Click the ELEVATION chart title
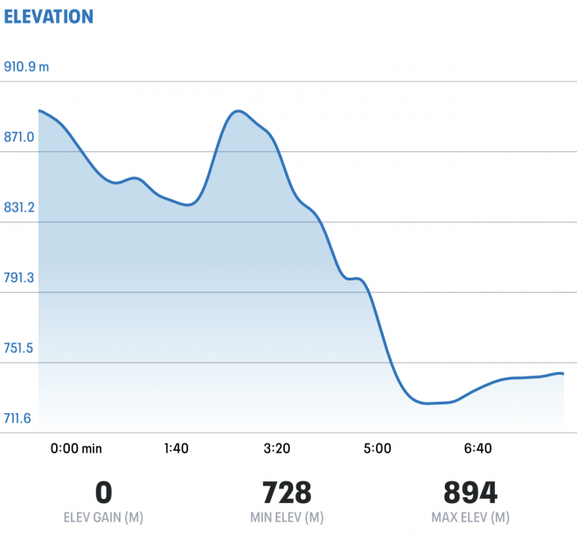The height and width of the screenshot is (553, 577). click(x=48, y=16)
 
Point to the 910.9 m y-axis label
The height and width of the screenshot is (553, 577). click(x=26, y=66)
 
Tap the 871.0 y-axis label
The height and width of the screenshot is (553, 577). click(x=19, y=137)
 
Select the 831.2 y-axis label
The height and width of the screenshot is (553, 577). click(x=19, y=207)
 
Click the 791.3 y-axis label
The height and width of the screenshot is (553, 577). click(x=19, y=278)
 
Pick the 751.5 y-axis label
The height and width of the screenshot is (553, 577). click(x=19, y=348)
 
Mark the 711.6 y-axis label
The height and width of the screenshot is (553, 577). click(x=19, y=418)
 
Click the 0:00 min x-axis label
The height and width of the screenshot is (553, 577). click(x=76, y=448)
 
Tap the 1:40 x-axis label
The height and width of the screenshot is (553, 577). click(x=176, y=448)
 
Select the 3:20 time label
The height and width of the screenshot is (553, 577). click(x=276, y=448)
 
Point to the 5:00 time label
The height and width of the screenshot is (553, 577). click(x=377, y=448)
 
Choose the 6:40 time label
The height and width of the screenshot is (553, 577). click(x=478, y=448)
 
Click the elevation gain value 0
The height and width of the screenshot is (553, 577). click(x=102, y=492)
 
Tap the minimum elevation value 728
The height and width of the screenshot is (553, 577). click(x=287, y=492)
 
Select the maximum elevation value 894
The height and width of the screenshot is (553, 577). click(x=470, y=492)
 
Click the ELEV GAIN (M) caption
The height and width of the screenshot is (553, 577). click(x=102, y=517)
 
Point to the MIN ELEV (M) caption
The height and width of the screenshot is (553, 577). click(x=287, y=517)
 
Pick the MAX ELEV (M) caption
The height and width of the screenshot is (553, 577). click(x=470, y=517)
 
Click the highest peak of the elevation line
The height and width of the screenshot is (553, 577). click(x=237, y=111)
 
